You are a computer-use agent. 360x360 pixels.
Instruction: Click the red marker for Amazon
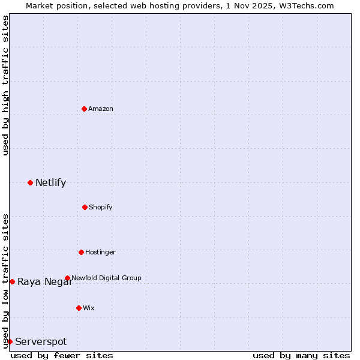pyautogui.click(x=84, y=109)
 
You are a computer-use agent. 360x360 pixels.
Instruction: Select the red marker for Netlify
pyautogui.click(x=30, y=182)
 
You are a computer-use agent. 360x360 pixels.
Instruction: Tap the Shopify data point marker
pyautogui.click(x=85, y=207)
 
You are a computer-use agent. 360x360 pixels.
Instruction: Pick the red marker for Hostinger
pyautogui.click(x=81, y=252)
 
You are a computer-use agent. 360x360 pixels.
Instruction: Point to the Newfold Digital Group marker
pyautogui.click(x=67, y=278)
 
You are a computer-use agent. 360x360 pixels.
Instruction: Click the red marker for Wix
pyautogui.click(x=79, y=308)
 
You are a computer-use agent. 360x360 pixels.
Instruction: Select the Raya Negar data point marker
pyautogui.click(x=12, y=281)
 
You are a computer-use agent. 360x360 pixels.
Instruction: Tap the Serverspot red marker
pyautogui.click(x=10, y=341)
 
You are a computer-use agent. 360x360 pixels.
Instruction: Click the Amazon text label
pyautogui.click(x=101, y=109)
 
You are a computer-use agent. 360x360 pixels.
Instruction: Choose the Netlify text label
pyautogui.click(x=50, y=182)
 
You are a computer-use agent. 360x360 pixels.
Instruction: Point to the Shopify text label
pyautogui.click(x=100, y=207)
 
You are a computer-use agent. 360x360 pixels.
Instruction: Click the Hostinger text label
pyautogui.click(x=100, y=252)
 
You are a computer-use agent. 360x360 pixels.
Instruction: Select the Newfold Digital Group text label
pyautogui.click(x=107, y=278)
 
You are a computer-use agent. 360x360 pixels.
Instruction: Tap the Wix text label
pyautogui.click(x=89, y=308)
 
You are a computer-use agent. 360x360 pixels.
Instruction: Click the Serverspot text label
pyautogui.click(x=41, y=341)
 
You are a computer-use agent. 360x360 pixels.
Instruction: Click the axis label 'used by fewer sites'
pyautogui.click(x=62, y=355)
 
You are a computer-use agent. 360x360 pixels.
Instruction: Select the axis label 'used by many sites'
pyautogui.click(x=301, y=355)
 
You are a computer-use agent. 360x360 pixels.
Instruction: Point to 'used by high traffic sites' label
pyautogui.click(x=5, y=85)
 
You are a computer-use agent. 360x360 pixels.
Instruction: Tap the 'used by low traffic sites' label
pyautogui.click(x=5, y=280)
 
